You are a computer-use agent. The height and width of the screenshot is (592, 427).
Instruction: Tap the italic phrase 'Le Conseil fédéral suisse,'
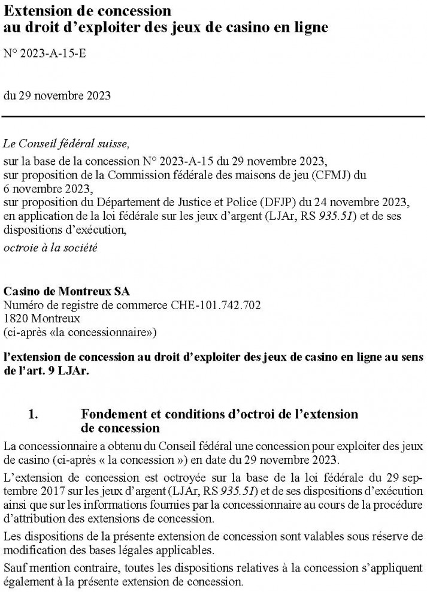(65, 144)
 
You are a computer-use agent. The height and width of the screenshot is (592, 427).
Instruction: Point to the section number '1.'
(35, 415)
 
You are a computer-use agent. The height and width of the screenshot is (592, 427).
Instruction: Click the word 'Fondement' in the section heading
(110, 415)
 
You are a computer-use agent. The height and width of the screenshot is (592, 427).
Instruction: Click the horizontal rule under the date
(213, 117)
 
